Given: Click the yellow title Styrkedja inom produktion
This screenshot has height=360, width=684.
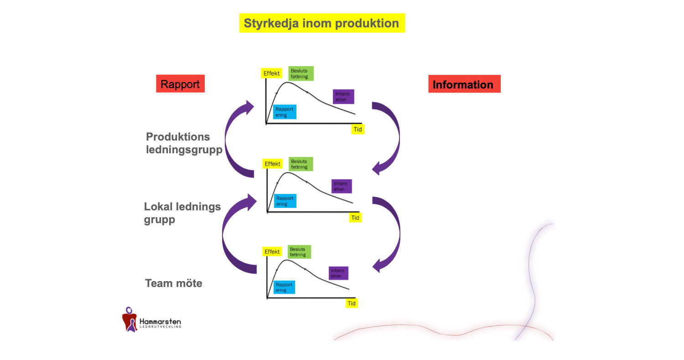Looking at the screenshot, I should (x=322, y=23).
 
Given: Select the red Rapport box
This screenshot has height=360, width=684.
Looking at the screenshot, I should (x=180, y=84).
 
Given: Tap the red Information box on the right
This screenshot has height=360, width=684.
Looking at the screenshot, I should (x=464, y=84).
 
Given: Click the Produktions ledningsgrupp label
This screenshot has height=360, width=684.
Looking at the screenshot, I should (x=183, y=143).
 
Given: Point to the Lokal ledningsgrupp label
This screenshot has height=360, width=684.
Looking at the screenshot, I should (x=182, y=213).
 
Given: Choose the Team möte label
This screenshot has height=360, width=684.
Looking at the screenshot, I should (x=174, y=283).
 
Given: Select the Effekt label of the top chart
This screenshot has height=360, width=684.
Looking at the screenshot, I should (x=272, y=73).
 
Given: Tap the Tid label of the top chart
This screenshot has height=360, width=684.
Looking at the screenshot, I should (x=358, y=129).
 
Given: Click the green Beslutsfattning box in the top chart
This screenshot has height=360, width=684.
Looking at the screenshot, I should (x=301, y=73).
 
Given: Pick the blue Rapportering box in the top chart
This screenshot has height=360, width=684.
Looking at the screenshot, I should (x=285, y=112).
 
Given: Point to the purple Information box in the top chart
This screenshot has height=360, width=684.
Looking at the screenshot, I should (x=343, y=97).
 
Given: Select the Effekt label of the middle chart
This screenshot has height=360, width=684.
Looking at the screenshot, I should (x=273, y=164).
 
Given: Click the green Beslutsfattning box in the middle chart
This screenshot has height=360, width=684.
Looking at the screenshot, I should (x=301, y=164).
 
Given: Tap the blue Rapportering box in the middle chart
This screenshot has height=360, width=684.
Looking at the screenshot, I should (x=285, y=201).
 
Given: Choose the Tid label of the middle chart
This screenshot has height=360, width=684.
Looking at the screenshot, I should (x=355, y=218).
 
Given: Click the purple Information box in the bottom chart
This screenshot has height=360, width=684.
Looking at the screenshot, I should (x=338, y=273).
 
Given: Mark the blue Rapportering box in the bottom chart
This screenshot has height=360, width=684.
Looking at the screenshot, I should (x=284, y=287).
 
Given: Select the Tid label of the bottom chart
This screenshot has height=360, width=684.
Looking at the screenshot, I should (x=352, y=303).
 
